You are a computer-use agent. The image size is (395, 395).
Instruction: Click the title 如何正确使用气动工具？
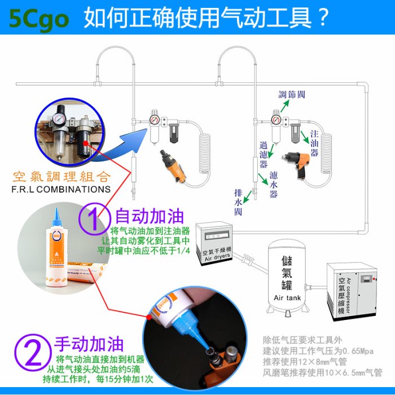[207, 17]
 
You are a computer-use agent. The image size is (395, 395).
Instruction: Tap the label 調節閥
[292, 94]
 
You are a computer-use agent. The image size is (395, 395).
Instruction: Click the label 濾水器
[274, 184]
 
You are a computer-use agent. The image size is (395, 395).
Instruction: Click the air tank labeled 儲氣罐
[288, 276]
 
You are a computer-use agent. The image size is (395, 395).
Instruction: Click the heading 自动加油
[150, 216]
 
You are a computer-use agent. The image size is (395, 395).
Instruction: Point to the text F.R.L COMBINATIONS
[61, 189]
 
